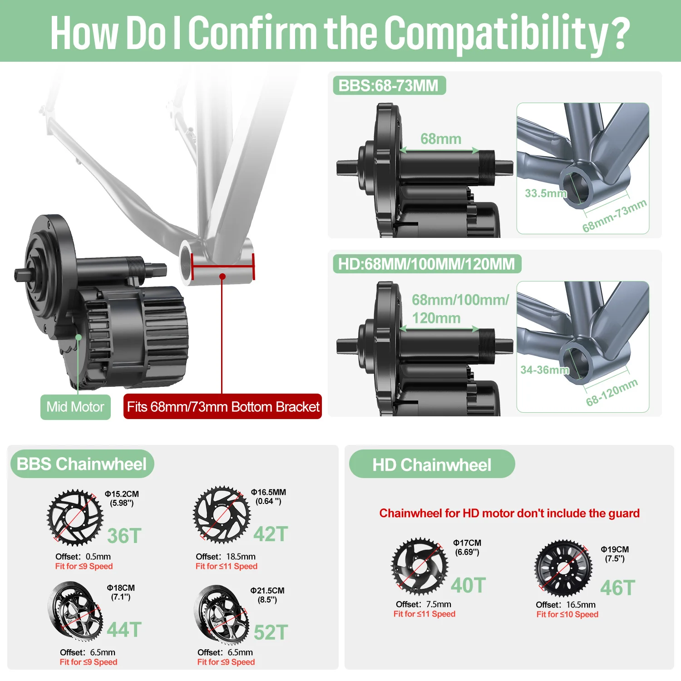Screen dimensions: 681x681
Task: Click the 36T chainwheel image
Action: click(75, 517)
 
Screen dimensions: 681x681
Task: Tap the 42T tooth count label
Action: click(271, 534)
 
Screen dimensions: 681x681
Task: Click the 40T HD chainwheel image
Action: click(420, 566)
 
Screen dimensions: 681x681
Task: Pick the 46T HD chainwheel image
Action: click(563, 568)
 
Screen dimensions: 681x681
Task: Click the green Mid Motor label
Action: click(75, 407)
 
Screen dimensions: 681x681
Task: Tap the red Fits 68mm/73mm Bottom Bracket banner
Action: click(223, 406)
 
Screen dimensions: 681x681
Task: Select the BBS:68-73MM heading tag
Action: click(389, 85)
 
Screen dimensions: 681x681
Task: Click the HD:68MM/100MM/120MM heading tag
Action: click(427, 264)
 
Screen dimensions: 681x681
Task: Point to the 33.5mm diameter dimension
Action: click(545, 193)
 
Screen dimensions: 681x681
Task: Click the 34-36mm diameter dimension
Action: click(545, 370)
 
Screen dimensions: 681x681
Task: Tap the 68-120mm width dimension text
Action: click(612, 392)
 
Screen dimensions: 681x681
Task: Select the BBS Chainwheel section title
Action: click(82, 464)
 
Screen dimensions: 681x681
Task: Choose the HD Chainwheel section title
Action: click(432, 464)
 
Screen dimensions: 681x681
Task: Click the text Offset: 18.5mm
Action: click(226, 557)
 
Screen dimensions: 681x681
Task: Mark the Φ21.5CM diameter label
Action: click(267, 591)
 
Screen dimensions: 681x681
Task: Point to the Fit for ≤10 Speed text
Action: click(567, 614)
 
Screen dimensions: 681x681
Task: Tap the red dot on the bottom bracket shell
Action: click(222, 276)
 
